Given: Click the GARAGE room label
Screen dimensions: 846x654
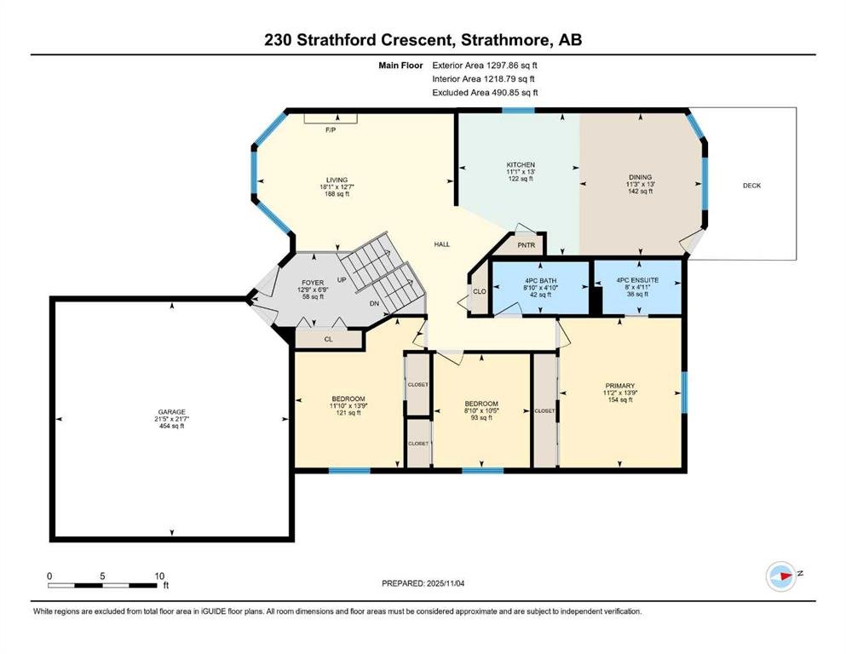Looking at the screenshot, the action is pos(171,412).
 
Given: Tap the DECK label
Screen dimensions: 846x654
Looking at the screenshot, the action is pos(751,186).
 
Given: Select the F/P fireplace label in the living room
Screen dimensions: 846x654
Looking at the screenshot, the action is pos(331,130).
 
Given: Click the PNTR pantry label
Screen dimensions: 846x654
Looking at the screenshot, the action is pos(526,245).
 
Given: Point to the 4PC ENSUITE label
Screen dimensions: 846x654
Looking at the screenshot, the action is pos(638,280).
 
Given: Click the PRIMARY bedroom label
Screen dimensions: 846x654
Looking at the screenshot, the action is pos(620,386).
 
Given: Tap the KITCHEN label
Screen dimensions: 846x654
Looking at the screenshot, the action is pos(521,164).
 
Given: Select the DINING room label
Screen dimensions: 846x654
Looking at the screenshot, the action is pos(641,177).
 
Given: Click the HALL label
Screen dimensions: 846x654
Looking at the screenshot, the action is pos(442,244).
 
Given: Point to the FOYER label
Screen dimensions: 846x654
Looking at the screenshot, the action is pos(313,283).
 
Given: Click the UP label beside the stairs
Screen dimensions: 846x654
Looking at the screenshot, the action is pos(342,280).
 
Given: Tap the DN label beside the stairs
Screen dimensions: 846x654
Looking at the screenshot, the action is pos(375,303).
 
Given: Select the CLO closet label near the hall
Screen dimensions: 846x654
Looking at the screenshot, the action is pos(480,291).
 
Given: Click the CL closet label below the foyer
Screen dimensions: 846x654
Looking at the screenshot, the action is pos(329,339).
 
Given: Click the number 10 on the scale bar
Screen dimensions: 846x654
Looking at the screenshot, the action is pos(159,576).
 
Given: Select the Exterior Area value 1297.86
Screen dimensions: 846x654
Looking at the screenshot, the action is pos(503,66).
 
